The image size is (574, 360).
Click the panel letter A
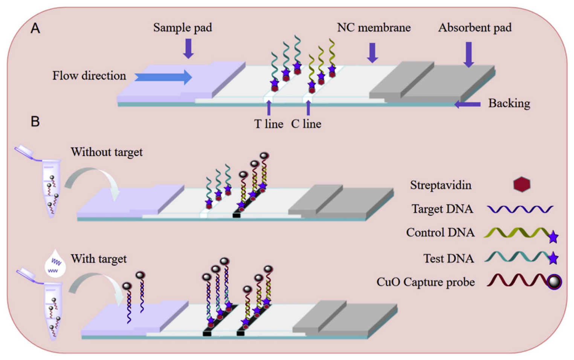pyautogui.click(x=35, y=28)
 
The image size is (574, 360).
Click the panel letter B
pyautogui.click(x=35, y=121)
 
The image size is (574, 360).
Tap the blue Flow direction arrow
pyautogui.click(x=163, y=77)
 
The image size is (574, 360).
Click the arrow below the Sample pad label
pyautogui.click(x=188, y=49)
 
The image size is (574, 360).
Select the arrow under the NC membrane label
pyautogui.click(x=372, y=53)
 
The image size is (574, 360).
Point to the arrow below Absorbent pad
pyautogui.click(x=469, y=55)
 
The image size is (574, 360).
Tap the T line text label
pyautogui.click(x=269, y=124)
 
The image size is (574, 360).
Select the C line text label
pyautogui.click(x=306, y=124)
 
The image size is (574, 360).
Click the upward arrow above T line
pyautogui.click(x=269, y=108)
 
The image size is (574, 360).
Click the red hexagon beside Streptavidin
pyautogui.click(x=522, y=184)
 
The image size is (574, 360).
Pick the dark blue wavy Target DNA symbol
pyautogui.click(x=520, y=209)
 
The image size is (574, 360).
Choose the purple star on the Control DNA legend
pyautogui.click(x=553, y=237)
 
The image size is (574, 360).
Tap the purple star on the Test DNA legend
pyautogui.click(x=553, y=258)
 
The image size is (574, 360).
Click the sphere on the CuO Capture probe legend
pyautogui.click(x=554, y=282)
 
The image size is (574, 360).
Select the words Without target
pyautogui.click(x=107, y=152)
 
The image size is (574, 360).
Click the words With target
pyautogui.click(x=99, y=259)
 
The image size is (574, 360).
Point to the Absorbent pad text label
pyautogui.click(x=475, y=28)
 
